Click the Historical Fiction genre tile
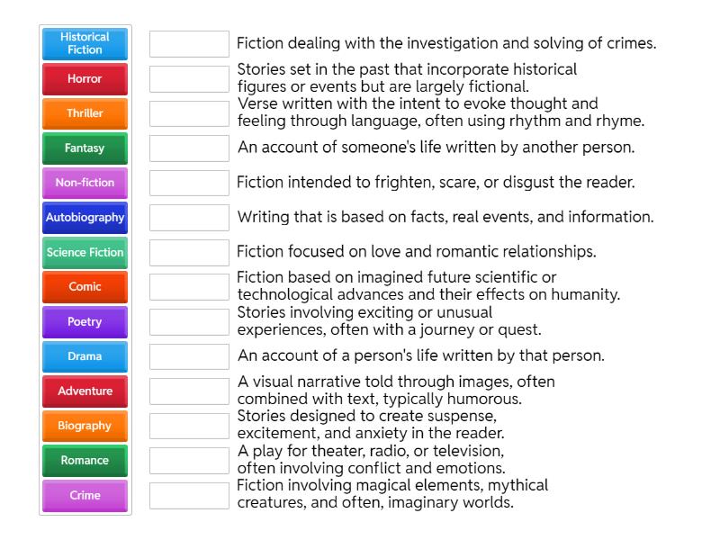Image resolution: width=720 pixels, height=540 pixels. click(x=85, y=44)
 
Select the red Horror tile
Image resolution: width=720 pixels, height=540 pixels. click(x=85, y=79)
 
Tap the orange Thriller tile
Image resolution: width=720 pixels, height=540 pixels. click(x=85, y=113)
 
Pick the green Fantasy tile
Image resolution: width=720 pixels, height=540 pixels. click(x=85, y=148)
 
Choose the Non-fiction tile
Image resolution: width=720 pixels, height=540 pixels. click(x=85, y=183)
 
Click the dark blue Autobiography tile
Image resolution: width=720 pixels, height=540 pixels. click(x=85, y=218)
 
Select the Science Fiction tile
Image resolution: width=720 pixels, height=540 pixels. click(x=85, y=253)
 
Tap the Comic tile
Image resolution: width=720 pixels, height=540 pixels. click(x=85, y=287)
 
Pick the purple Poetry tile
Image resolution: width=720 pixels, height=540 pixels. click(x=85, y=322)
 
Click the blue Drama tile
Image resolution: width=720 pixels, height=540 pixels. click(x=85, y=356)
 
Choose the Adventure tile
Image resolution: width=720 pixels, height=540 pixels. click(x=85, y=391)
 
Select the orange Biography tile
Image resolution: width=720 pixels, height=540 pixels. click(x=85, y=426)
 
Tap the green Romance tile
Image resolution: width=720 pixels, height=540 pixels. click(x=85, y=461)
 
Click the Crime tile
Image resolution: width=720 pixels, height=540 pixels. click(x=85, y=495)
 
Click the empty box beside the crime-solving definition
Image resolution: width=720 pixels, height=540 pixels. click(x=189, y=44)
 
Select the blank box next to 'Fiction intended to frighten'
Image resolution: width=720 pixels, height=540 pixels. click(x=189, y=183)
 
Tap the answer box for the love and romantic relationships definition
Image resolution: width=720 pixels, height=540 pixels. click(x=189, y=253)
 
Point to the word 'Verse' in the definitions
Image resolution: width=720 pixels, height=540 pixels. click(x=256, y=103)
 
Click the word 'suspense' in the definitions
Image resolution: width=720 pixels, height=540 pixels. click(x=465, y=417)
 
